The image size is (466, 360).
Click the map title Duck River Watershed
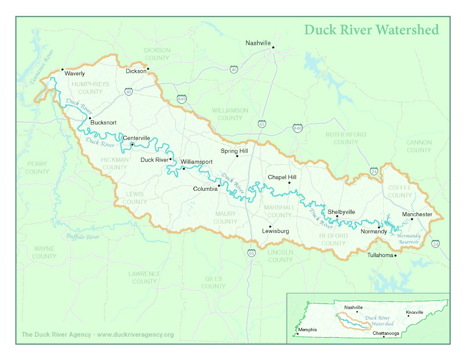pos(371,30)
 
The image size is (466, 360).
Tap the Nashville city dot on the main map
pos(273,47)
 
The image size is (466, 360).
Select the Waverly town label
pos(75,74)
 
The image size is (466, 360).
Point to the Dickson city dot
pos(148,69)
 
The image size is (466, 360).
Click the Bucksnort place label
pos(103,123)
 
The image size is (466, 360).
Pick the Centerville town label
pos(137,138)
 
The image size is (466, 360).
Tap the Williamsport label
pos(197,162)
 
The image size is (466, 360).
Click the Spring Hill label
pos(234,151)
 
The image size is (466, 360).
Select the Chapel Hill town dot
pos(289,183)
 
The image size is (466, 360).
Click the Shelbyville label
pos(341,212)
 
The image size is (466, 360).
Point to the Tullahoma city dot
pos(395,256)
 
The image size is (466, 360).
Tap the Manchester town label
pos(417,214)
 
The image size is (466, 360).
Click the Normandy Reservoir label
pos(408,239)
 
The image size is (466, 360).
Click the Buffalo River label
pos(83,237)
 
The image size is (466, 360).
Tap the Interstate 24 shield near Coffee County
pos(374,171)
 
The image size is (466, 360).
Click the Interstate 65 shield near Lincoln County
pos(252,253)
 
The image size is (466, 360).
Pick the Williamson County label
pos(230,114)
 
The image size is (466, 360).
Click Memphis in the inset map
pos(307,330)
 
